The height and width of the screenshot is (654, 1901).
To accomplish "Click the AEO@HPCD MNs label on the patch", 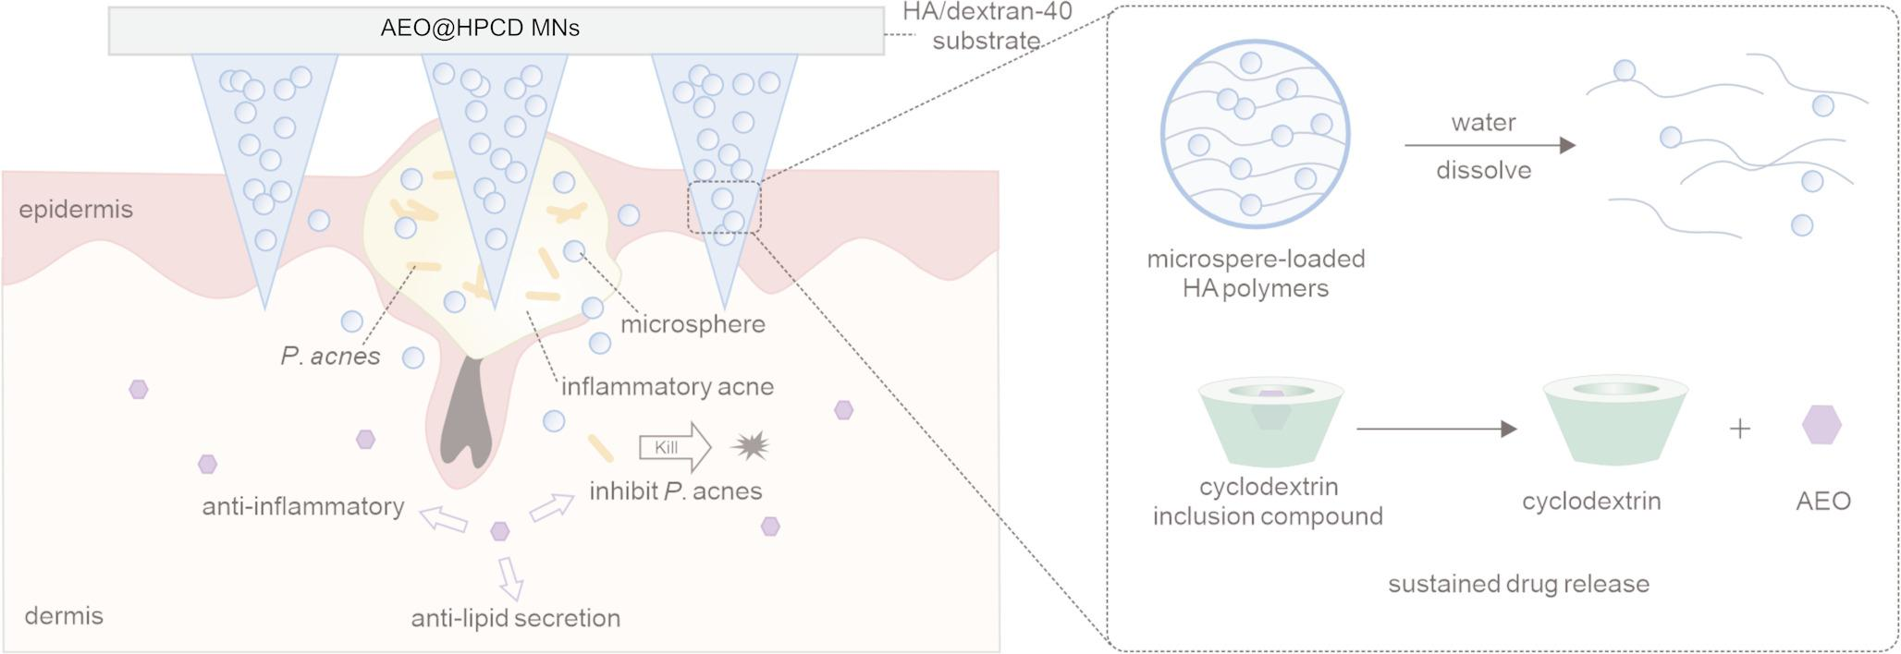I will click(480, 29).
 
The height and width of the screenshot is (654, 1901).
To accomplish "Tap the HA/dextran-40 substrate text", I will click(987, 27).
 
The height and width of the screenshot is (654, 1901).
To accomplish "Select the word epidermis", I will click(76, 210).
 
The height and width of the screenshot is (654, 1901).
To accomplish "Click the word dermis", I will click(64, 616).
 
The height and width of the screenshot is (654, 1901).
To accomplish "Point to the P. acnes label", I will click(330, 357).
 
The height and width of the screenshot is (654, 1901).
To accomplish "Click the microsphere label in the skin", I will click(693, 324).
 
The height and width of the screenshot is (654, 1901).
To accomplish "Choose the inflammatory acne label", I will click(667, 386).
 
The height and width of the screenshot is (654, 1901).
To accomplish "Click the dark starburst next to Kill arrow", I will click(750, 447).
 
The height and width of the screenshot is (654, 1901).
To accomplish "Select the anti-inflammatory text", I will click(303, 506).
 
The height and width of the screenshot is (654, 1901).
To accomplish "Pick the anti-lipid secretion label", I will click(515, 618).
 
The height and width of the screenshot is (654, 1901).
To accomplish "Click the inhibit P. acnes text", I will click(675, 491).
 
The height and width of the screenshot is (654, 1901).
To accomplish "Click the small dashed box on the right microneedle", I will click(724, 207).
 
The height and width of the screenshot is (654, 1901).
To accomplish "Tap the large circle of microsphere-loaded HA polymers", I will click(1255, 134).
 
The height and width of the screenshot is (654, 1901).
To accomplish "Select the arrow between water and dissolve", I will click(1489, 145).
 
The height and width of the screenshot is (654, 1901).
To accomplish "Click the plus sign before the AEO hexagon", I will click(1739, 429).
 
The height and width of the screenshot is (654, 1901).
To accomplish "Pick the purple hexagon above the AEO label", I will click(1821, 425).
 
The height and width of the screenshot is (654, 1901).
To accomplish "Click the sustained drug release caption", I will click(1518, 584).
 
